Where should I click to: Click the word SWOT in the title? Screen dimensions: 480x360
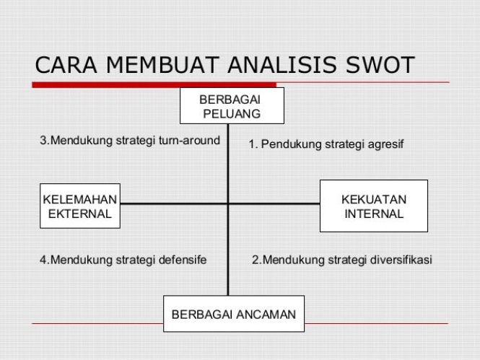click(380, 65)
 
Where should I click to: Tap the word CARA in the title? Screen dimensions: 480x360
click(66, 65)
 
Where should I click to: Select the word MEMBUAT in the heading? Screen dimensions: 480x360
click(162, 65)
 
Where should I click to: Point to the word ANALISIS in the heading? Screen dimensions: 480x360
click(282, 65)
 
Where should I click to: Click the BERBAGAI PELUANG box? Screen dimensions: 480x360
click(232, 106)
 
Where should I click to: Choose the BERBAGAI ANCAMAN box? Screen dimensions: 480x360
click(234, 314)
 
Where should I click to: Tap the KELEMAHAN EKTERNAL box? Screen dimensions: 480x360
click(80, 206)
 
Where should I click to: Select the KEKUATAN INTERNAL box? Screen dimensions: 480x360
click(374, 206)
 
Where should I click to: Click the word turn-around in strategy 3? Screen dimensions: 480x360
click(190, 141)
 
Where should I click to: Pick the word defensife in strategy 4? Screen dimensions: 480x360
click(183, 260)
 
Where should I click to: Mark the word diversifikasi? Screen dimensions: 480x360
click(401, 260)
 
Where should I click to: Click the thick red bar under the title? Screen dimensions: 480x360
click(154, 84)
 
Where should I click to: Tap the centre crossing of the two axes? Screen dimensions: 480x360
click(228, 203)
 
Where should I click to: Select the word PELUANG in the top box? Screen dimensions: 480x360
click(232, 114)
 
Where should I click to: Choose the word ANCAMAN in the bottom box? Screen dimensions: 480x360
click(266, 315)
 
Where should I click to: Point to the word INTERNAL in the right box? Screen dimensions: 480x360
click(374, 214)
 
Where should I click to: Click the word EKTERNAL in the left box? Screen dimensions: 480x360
click(80, 214)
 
